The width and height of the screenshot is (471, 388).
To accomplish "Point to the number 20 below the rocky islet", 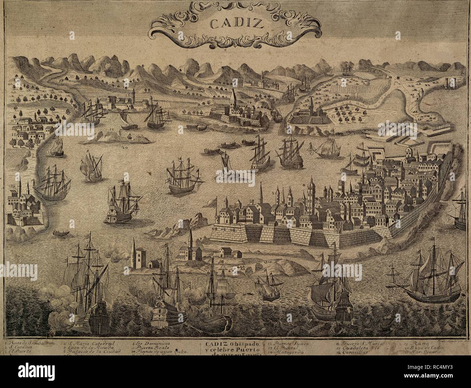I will tap(125, 147).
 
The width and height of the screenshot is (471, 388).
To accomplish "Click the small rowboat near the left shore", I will tap(61, 233).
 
